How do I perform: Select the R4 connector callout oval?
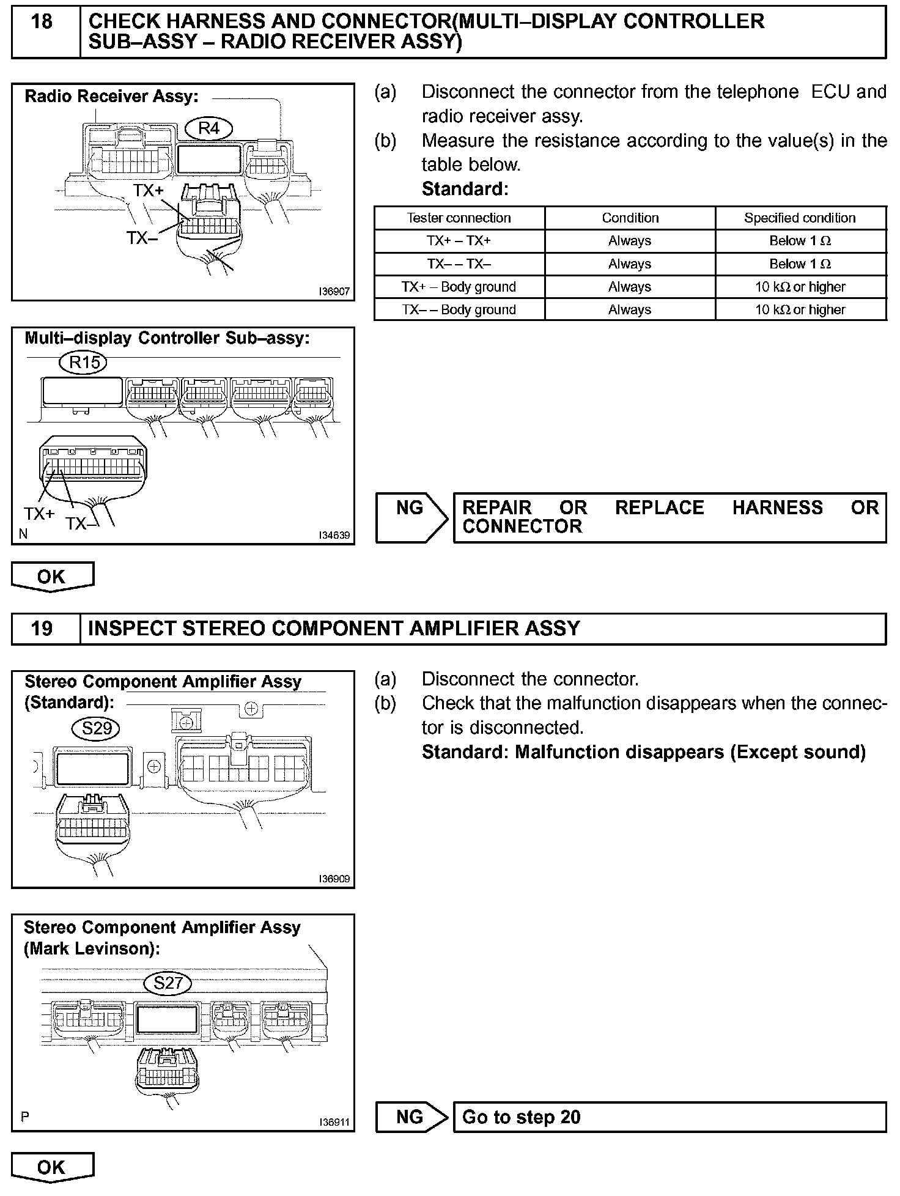pyautogui.click(x=209, y=128)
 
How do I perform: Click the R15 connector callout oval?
pyautogui.click(x=84, y=363)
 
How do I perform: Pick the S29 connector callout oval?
pyautogui.click(x=96, y=728)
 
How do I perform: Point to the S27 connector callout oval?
pyautogui.click(x=168, y=983)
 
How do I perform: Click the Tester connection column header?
pyautogui.click(x=459, y=218)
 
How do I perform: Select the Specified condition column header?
pyautogui.click(x=800, y=218)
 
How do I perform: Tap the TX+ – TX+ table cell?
pyautogui.click(x=459, y=241)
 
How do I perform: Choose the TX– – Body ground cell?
pyautogui.click(x=459, y=309)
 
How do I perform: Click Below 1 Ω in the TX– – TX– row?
pyautogui.click(x=800, y=264)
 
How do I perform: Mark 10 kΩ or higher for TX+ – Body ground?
pyautogui.click(x=800, y=287)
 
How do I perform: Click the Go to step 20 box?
pyautogui.click(x=669, y=1117)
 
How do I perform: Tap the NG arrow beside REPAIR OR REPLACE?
pyautogui.click(x=411, y=517)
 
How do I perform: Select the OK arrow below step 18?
pyautogui.click(x=52, y=577)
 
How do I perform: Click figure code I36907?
pyautogui.click(x=334, y=292)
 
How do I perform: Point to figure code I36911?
pyautogui.click(x=334, y=1123)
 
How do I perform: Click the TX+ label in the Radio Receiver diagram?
pyautogui.click(x=149, y=191)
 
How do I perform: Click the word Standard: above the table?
pyautogui.click(x=465, y=189)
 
